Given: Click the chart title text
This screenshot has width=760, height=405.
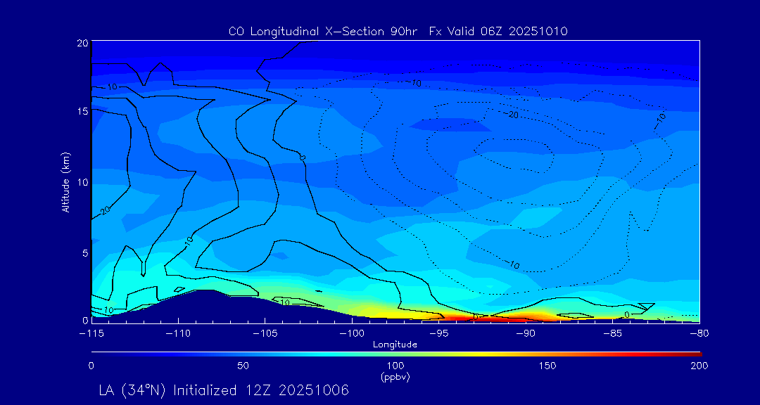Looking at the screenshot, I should [398, 31].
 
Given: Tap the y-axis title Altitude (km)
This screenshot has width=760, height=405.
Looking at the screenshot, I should [65, 182].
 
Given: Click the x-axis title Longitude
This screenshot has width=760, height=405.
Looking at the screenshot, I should [395, 345].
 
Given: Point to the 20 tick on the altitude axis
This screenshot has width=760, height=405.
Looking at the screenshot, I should [82, 43].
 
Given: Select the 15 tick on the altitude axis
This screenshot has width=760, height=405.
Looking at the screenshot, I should [82, 111].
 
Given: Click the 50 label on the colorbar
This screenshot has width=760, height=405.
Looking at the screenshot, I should [243, 366].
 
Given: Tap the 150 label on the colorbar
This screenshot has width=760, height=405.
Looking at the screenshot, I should [547, 366].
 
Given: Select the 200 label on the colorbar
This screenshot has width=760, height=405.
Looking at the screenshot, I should [699, 366].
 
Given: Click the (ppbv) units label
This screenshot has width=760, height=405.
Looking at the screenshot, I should [395, 377].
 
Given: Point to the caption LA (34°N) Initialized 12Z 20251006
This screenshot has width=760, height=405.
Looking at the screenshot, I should [224, 390].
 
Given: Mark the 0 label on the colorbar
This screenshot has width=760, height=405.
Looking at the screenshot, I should [91, 366].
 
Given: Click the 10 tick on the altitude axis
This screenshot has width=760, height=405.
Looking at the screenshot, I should [82, 182].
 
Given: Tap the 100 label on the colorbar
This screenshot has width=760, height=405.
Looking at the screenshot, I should [395, 366].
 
